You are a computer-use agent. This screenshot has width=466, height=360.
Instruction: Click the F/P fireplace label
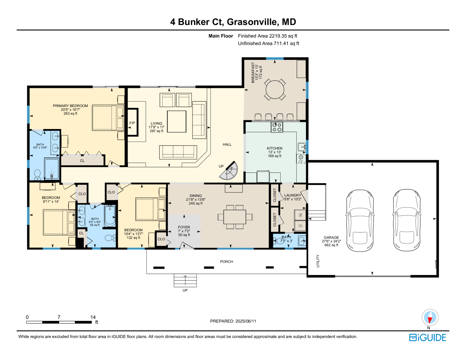(132, 123)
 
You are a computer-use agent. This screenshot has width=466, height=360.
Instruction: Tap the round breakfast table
(275, 89)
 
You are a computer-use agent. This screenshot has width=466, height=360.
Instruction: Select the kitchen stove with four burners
(277, 127)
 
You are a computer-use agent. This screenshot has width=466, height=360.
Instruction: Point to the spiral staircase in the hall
(229, 171)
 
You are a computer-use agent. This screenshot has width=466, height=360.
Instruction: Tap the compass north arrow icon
(430, 317)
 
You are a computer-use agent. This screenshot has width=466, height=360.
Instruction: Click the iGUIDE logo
(428, 338)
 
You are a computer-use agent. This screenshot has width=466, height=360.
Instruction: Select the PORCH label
(226, 262)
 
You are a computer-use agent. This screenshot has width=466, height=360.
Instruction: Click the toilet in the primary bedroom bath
(37, 174)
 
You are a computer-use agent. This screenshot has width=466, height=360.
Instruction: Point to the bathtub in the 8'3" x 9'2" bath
(110, 216)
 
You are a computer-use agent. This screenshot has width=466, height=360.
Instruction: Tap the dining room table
(235, 217)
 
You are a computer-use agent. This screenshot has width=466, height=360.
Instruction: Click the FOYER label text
(184, 227)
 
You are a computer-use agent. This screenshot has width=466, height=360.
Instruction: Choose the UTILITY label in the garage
(318, 261)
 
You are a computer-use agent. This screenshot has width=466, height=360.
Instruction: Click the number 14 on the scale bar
(93, 317)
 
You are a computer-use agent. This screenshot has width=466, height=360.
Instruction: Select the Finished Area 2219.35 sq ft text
(267, 36)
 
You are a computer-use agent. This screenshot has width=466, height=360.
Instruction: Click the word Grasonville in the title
(252, 22)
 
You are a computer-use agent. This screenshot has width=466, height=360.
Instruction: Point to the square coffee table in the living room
(176, 121)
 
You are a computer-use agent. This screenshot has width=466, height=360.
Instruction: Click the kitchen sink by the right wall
(301, 147)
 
